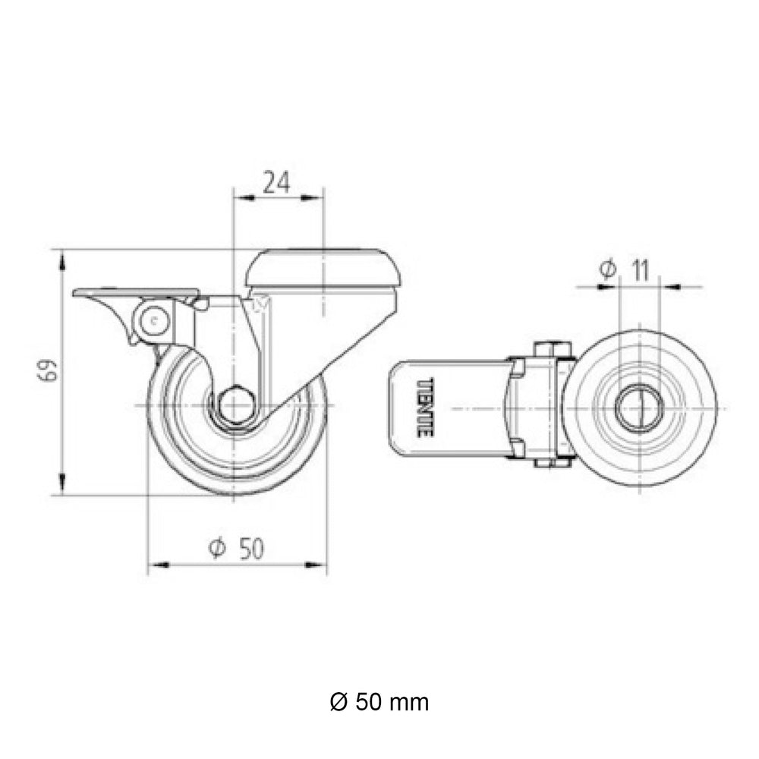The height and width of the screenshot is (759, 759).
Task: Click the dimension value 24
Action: coord(276,182)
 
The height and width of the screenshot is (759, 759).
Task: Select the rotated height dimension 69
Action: coord(49,373)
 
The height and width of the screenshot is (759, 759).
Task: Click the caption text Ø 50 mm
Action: coord(379,702)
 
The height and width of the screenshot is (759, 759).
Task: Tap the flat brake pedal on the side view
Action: coord(137,293)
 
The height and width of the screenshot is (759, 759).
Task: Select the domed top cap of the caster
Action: coord(323,267)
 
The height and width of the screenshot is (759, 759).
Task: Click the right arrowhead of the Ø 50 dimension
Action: coord(317,565)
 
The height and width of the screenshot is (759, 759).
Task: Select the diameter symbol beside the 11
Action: coord(606,269)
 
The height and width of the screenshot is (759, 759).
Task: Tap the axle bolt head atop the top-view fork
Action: coord(552,348)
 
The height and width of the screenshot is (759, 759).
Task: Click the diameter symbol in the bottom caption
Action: coord(339,702)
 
